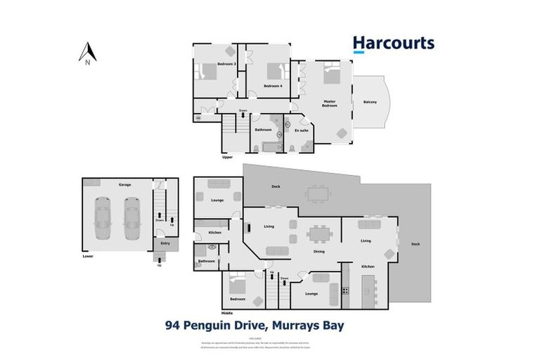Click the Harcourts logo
pos(393,43)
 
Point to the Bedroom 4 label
pos(272,86)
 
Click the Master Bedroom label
pos(330,103)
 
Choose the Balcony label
pos(370,103)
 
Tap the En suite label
pos(301,130)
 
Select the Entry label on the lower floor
pos(165,243)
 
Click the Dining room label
pos(319,251)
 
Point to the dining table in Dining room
pos(319,233)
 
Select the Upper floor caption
pos(227,157)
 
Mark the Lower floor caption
pos(87,256)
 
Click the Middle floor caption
pos(227,312)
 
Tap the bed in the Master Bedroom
pos(330,76)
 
